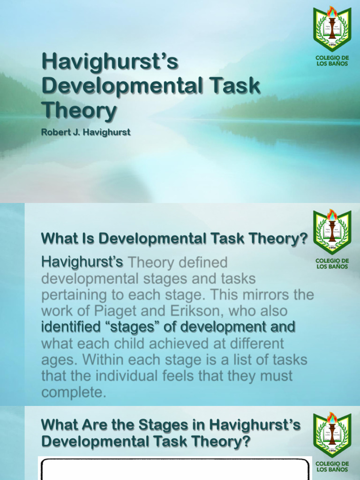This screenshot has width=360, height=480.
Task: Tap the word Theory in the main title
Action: click(79, 110)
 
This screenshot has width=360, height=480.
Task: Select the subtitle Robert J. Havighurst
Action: click(85, 132)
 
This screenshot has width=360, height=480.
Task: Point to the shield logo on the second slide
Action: click(332, 232)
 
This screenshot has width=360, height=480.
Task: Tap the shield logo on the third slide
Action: click(332, 435)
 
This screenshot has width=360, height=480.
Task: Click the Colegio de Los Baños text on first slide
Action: click(332, 60)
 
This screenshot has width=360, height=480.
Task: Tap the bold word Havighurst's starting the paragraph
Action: click(82, 262)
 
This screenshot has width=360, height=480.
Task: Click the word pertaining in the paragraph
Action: click(75, 295)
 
